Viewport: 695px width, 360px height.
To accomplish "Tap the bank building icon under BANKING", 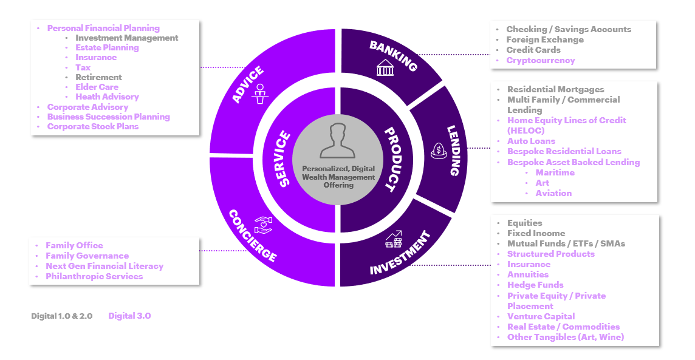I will click(x=385, y=67).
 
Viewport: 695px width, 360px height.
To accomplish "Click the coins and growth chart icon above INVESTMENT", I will click(x=394, y=239).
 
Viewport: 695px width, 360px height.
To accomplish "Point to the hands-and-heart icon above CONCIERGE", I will click(x=263, y=224).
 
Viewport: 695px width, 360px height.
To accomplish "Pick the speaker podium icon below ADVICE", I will click(x=260, y=94).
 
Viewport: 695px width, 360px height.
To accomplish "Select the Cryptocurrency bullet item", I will click(x=540, y=60).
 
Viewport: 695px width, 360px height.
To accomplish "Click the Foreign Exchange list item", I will click(x=545, y=39).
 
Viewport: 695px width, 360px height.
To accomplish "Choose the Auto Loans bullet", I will click(x=531, y=141).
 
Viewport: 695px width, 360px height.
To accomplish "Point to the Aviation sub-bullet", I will click(x=553, y=193).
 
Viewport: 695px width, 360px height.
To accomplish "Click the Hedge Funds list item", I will click(x=535, y=285).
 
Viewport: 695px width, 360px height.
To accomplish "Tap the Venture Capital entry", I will click(x=541, y=316).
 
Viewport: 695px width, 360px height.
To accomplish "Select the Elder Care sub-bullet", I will click(x=97, y=87).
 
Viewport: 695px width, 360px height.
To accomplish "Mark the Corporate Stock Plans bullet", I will click(x=93, y=126).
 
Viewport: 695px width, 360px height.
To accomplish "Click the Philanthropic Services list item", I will click(x=94, y=276).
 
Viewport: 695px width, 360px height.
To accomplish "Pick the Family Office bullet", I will click(x=74, y=245).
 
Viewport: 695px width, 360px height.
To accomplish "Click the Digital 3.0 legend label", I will click(x=129, y=316).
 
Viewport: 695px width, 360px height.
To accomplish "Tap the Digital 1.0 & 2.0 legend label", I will click(x=62, y=316).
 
